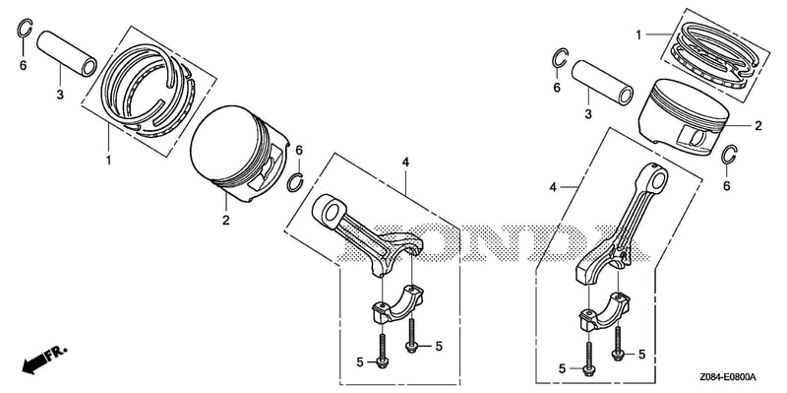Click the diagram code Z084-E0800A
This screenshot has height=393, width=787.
[x=729, y=377]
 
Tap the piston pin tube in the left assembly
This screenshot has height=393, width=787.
[x=67, y=54]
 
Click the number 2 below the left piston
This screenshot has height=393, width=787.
[x=226, y=220]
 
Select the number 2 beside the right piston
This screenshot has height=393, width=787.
[x=757, y=126]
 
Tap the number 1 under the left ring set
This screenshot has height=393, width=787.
[x=108, y=161]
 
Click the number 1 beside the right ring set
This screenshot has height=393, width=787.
[x=637, y=34]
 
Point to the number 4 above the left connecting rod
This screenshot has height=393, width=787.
[x=405, y=162]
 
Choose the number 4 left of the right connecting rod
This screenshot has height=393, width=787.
[x=553, y=187]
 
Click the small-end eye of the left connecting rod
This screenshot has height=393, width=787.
[x=330, y=211]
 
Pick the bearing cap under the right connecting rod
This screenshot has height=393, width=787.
[x=606, y=311]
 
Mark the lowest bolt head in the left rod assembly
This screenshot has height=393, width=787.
[x=382, y=360]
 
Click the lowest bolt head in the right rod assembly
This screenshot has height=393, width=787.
[x=588, y=370]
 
